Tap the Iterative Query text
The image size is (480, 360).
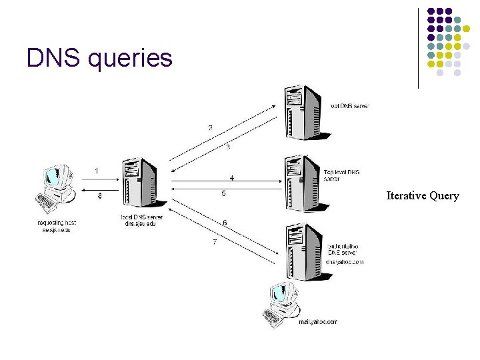(423, 196)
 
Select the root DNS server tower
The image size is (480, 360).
(303, 111)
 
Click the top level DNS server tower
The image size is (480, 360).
(303, 183)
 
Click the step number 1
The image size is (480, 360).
(97, 171)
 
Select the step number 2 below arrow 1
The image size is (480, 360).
(99, 195)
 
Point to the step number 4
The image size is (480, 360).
(231, 178)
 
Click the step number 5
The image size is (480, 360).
(223, 194)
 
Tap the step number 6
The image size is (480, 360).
(225, 222)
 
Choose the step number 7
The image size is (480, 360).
(215, 242)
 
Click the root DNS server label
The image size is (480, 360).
(349, 106)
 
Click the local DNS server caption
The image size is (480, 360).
(141, 221)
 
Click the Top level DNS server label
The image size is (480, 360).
(342, 175)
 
